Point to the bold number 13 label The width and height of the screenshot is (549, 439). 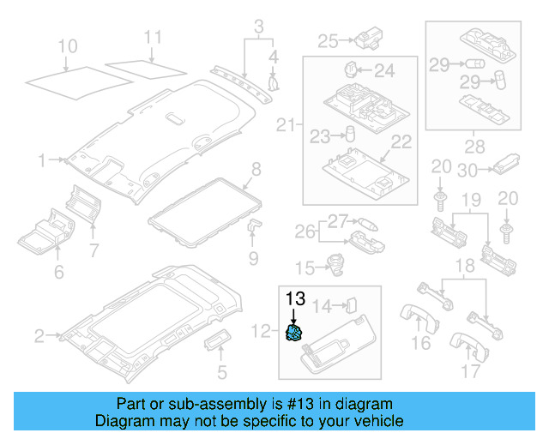point(295,298)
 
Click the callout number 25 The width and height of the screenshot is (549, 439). point(329,39)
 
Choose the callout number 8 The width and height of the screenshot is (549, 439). point(256,167)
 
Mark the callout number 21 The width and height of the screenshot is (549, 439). point(286,126)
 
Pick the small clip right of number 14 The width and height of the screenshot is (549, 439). point(351,304)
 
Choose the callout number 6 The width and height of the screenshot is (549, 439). point(58,273)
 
